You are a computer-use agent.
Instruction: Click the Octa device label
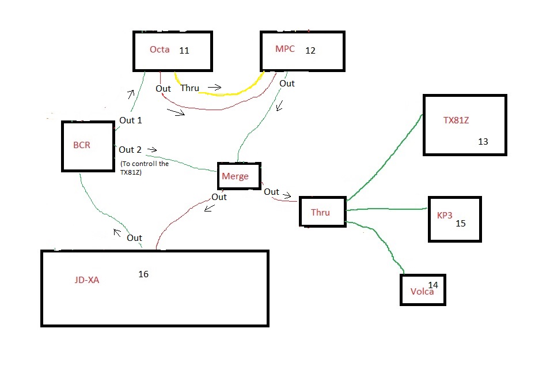160,50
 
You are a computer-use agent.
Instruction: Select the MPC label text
285,49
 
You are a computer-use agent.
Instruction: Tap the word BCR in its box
82,145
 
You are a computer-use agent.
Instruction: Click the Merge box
239,176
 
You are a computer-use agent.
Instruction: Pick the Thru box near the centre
321,212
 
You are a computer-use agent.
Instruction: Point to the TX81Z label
456,120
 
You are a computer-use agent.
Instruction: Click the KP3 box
454,218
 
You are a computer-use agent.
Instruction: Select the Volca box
423,289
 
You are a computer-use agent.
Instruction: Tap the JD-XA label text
86,280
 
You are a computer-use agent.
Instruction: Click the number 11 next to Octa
184,51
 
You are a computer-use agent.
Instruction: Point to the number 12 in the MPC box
310,51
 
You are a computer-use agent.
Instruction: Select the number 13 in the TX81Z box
483,141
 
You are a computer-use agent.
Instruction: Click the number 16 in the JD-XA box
143,274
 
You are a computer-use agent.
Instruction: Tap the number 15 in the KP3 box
460,223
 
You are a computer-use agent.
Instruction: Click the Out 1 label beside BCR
130,120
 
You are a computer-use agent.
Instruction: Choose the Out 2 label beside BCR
130,150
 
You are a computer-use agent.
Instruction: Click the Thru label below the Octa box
190,88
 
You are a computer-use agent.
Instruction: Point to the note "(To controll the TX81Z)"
145,167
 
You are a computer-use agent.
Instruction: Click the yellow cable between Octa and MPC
230,92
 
